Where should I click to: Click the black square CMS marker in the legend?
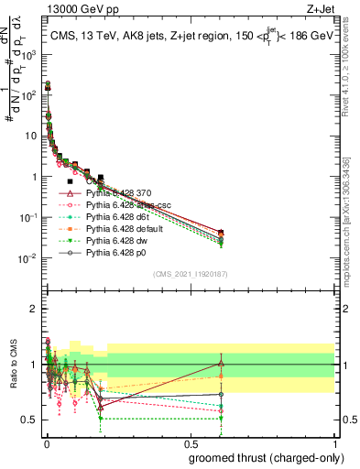coord(71,181)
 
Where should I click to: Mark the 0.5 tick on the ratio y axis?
coord(32,420)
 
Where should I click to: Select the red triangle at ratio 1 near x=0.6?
coord(221,363)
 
